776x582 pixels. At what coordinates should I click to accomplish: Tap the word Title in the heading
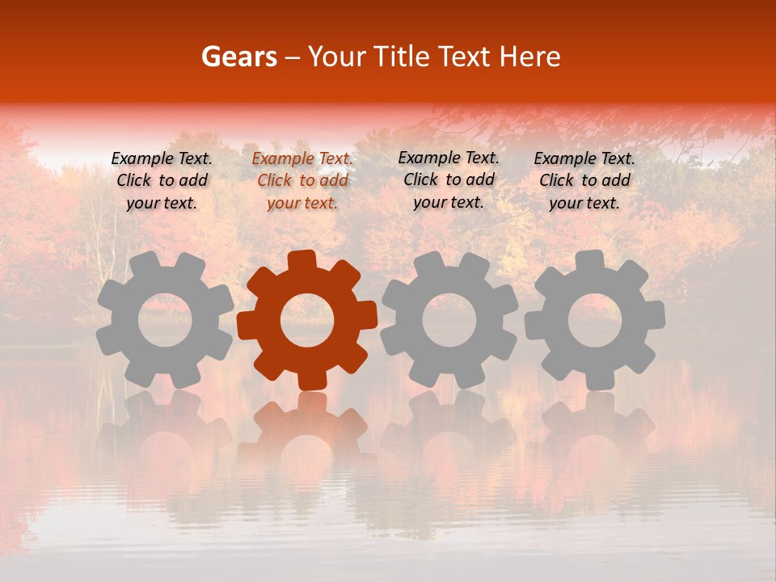point(403,57)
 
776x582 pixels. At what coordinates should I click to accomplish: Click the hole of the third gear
point(449,320)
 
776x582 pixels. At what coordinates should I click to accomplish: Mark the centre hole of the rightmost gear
point(594,320)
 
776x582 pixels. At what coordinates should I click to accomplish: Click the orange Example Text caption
point(302,181)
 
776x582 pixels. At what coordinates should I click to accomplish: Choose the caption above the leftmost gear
point(162,181)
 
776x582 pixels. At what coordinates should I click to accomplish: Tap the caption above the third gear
point(449,180)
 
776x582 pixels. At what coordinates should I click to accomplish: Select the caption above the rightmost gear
point(584,181)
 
